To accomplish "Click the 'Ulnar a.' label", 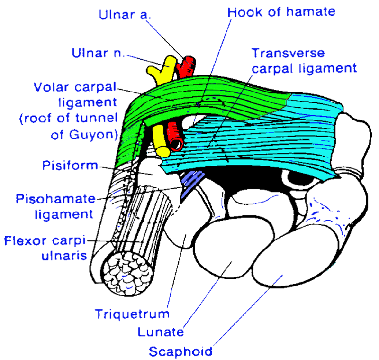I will tap(125, 14).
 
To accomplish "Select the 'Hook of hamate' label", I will tap(281, 11).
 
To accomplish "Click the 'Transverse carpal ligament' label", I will tap(303, 60).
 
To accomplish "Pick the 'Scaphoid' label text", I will tap(180, 351).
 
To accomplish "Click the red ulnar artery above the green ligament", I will tap(187, 66).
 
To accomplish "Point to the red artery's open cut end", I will tap(177, 143).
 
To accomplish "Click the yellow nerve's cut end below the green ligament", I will tap(162, 151).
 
